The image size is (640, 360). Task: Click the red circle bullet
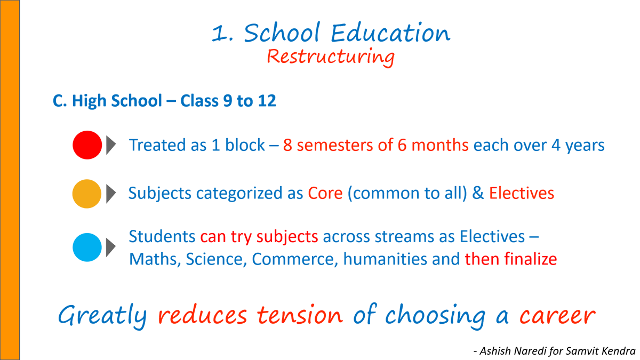87,145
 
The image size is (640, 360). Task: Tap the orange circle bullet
87,194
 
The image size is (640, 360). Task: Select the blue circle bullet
87,247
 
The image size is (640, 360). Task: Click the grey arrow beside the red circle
111,145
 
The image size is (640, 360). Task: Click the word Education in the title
390,33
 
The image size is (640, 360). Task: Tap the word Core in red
325,194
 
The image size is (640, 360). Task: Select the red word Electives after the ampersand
521,194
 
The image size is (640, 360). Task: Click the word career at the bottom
557,316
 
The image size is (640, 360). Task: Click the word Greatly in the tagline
102,316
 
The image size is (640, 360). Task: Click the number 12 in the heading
266,101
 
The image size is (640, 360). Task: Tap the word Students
162,236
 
